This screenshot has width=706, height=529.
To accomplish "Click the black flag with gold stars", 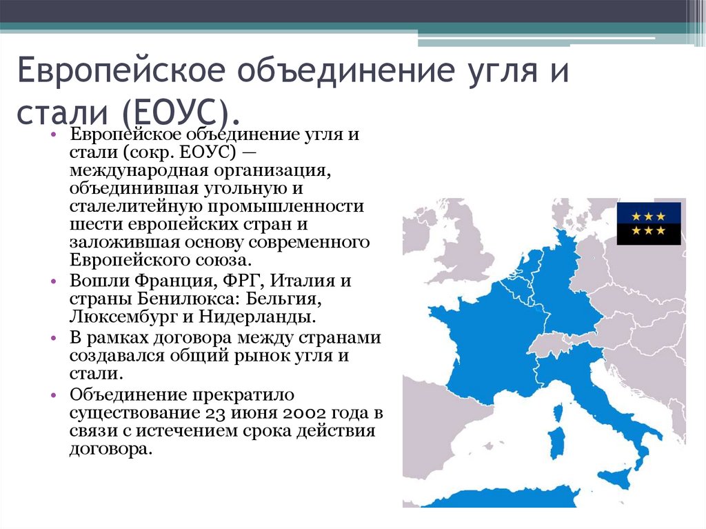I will click(x=648, y=223).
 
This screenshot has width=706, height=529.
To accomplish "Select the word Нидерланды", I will click(x=259, y=317).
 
